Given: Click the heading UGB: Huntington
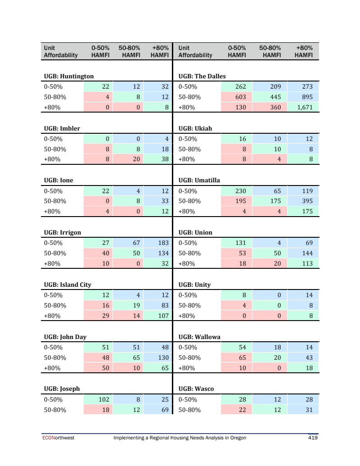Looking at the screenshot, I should click(x=69, y=76).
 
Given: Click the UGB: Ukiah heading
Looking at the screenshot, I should click(x=195, y=128).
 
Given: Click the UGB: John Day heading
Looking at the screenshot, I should click(x=65, y=337).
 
